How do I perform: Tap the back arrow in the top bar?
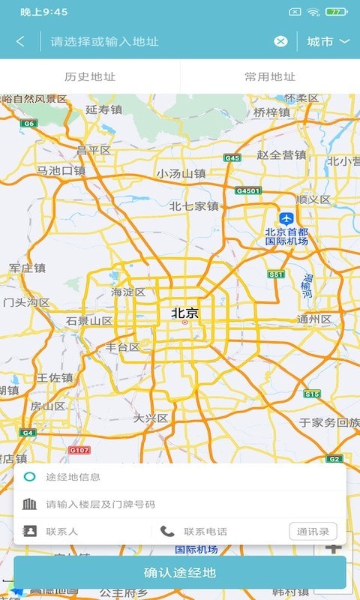(20, 41)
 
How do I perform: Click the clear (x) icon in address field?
(280, 41)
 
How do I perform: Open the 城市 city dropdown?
(328, 41)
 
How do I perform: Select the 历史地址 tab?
(90, 76)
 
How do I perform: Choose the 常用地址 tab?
(270, 76)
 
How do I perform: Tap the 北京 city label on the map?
(185, 313)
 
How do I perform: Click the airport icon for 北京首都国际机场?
(286, 218)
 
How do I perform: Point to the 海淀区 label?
(128, 292)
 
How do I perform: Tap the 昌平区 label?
(94, 150)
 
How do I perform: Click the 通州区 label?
(314, 319)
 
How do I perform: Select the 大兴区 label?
(151, 418)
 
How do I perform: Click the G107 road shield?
(79, 450)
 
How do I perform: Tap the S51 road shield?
(277, 275)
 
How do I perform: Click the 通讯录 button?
(313, 532)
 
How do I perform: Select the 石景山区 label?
(89, 321)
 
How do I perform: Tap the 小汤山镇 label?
(181, 173)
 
